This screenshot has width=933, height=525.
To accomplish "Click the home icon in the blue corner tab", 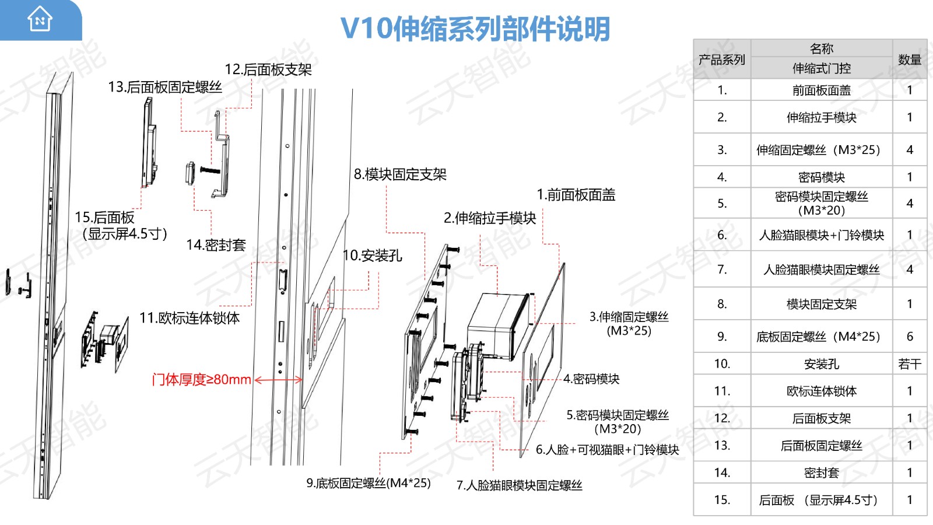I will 40,19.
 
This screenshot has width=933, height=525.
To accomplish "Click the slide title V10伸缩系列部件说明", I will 475,29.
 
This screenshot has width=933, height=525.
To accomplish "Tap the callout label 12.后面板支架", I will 268,70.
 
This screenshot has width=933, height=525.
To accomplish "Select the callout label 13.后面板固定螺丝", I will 165,87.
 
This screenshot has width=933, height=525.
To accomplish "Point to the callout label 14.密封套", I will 216,245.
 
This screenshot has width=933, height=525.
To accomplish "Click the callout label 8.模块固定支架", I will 400,174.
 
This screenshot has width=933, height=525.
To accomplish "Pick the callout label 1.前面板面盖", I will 576,195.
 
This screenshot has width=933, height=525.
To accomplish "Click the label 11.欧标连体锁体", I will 190,318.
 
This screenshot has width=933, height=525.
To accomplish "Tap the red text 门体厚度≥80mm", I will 201,380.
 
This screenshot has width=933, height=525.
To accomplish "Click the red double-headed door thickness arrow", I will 279,380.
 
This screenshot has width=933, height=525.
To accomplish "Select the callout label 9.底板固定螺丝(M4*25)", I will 369,484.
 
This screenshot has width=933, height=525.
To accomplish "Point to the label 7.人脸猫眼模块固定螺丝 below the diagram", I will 519,485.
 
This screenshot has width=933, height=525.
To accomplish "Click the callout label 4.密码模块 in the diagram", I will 591,379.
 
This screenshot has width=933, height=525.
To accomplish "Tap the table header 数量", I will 909,60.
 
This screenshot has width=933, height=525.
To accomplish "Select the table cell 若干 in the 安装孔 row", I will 909,364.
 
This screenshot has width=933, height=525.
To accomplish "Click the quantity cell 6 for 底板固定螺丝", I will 909,337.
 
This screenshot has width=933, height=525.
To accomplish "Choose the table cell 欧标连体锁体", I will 821,391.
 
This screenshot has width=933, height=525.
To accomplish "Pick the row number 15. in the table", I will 722,500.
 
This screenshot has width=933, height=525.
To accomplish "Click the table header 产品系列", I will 722,60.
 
